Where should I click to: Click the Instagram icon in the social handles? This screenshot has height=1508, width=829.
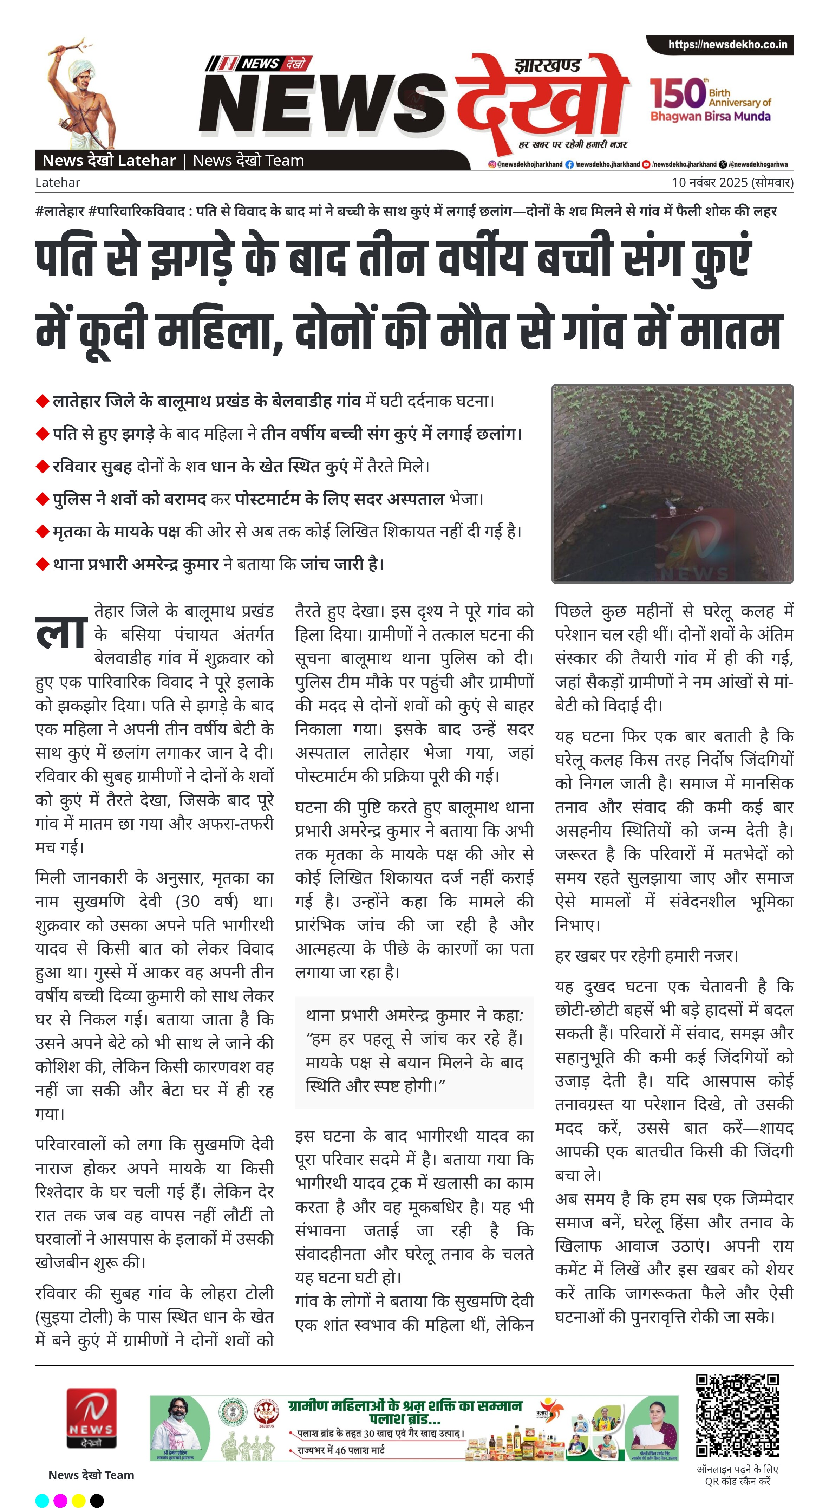click(x=492, y=164)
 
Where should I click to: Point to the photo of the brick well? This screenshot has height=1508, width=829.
click(x=672, y=483)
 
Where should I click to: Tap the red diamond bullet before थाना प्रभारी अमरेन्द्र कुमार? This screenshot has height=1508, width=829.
click(x=42, y=564)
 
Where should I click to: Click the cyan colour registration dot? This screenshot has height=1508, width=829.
click(x=42, y=1500)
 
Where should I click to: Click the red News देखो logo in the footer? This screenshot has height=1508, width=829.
click(x=91, y=1426)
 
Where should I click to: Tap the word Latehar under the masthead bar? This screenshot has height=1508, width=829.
click(x=57, y=183)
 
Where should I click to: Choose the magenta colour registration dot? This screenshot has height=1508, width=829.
click(x=60, y=1500)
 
